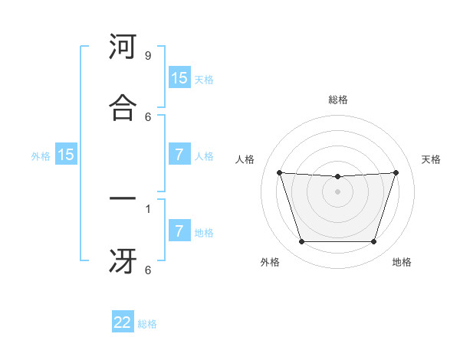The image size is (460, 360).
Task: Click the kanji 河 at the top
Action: [123, 48]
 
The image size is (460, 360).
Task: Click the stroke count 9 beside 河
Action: [147, 56]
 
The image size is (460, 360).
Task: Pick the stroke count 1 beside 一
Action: [147, 208]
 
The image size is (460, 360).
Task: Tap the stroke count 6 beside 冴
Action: [147, 270]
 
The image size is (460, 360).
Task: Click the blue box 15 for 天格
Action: [179, 78]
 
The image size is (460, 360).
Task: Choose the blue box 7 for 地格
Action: [179, 231]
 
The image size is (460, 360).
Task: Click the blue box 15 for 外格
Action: [66, 155]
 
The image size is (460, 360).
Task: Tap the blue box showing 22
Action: [123, 322]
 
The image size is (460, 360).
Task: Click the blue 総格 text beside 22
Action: [147, 324]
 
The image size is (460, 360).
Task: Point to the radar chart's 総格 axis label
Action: [337, 100]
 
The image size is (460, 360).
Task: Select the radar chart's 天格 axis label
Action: [431, 159]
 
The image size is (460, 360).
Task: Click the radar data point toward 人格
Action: [280, 172]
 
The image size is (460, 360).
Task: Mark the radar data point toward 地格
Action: [373, 242]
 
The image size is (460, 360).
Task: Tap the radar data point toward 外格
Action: [301, 242]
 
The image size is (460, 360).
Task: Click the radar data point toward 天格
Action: [396, 172]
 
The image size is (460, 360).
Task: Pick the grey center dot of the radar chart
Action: [337, 191]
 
